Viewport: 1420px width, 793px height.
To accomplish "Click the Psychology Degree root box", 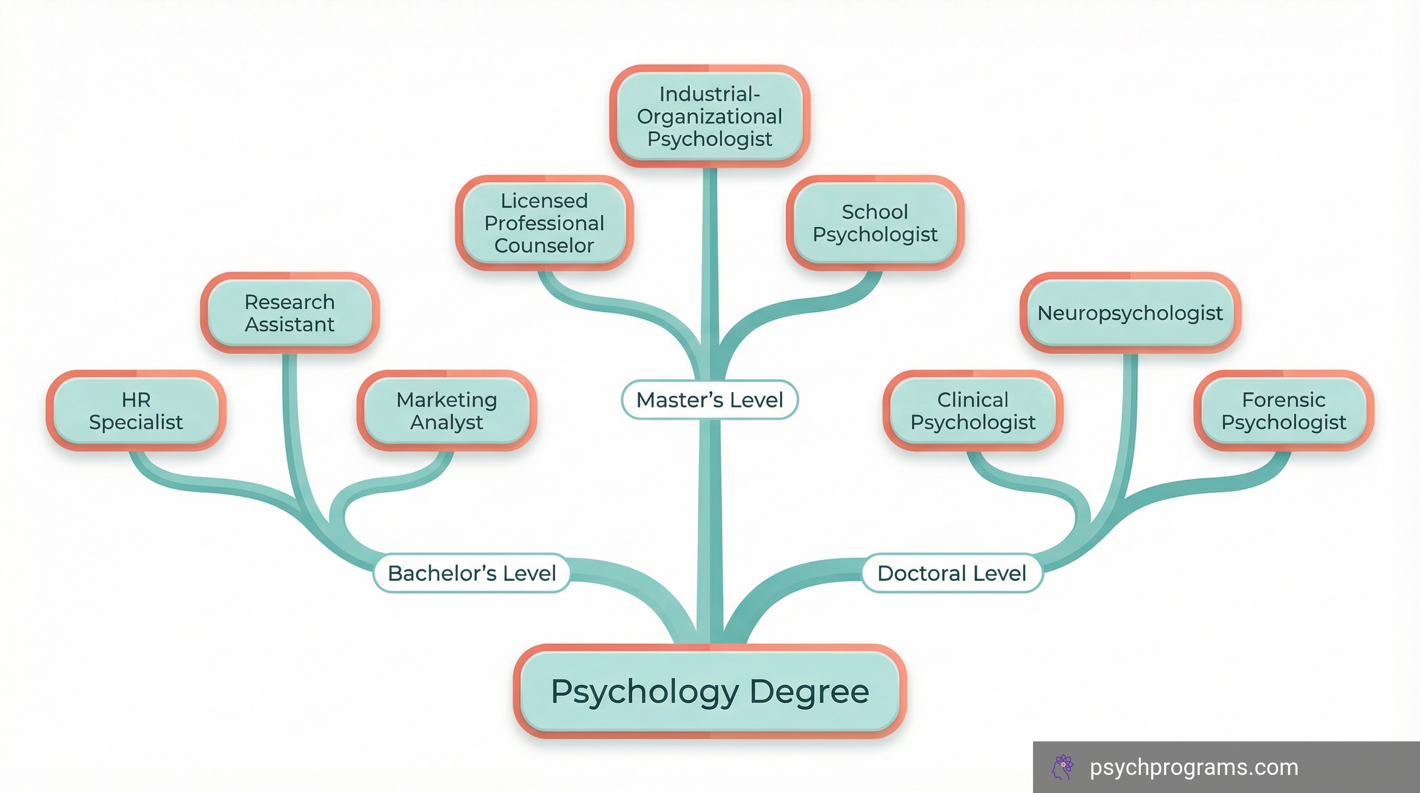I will tap(710, 691).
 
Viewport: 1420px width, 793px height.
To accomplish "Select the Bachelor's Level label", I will tap(472, 573).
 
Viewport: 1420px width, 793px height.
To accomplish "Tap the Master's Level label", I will tap(709, 400).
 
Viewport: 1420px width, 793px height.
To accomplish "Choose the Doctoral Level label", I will tap(951, 573).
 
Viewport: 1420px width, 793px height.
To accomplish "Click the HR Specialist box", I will tap(136, 411).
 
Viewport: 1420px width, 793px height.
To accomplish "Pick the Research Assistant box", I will tap(289, 313).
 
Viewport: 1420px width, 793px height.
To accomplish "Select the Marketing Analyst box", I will tap(446, 411).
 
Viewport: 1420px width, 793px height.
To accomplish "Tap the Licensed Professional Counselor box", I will tap(544, 223).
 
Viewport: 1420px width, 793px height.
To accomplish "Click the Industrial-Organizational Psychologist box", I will tap(709, 116).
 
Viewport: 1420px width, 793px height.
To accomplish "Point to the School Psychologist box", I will tap(875, 223).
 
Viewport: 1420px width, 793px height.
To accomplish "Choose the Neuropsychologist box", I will tap(1130, 313).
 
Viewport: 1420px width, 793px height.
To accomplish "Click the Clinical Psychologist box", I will tap(973, 411).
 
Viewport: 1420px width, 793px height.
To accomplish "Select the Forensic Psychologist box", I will tap(1284, 411).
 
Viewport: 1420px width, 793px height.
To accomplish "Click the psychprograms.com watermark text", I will tap(1194, 767).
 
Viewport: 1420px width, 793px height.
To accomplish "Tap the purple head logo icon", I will tap(1063, 767).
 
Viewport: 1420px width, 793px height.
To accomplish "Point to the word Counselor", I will tap(544, 245).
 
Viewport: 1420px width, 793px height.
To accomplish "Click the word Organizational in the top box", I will tap(709, 116).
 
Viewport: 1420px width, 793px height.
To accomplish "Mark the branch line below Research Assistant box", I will tap(291, 419).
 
